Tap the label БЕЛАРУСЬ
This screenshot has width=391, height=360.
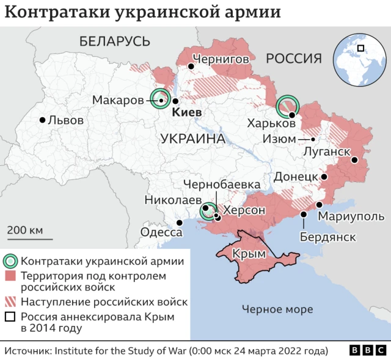click(114, 41)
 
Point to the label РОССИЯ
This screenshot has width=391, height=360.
click(293, 59)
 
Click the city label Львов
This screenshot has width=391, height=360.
click(65, 120)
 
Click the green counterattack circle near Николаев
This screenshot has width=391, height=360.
click(210, 212)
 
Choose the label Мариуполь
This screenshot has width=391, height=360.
click(351, 217)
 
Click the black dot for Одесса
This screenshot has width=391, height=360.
click(179, 223)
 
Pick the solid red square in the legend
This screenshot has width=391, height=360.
click(10, 277)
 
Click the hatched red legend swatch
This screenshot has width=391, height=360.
click(10, 302)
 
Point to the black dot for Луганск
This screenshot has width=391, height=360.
click(354, 160)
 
